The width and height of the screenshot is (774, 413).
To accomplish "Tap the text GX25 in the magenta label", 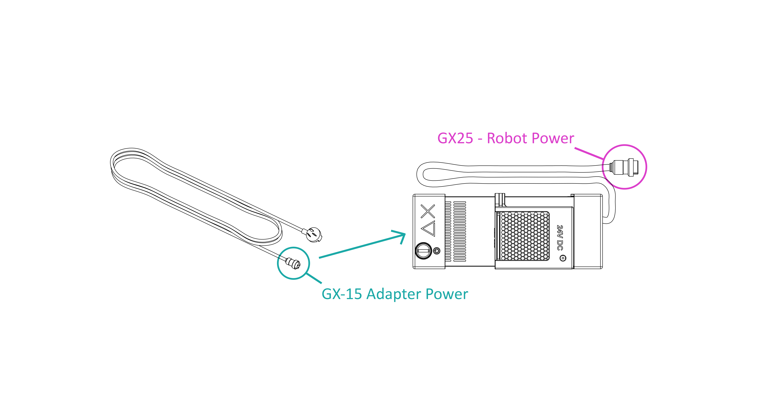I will tap(455, 139).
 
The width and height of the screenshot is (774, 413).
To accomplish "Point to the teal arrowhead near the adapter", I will tap(401, 236).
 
